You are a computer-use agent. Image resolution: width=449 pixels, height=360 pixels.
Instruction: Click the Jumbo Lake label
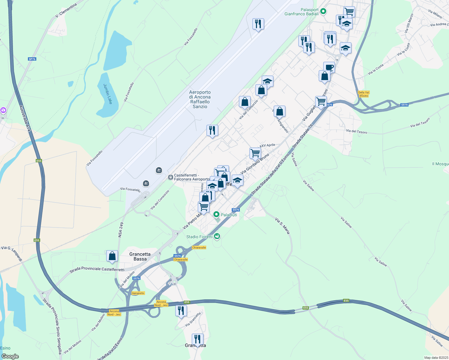(108, 94)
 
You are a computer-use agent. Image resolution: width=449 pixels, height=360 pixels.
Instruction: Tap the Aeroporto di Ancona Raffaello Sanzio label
(200, 99)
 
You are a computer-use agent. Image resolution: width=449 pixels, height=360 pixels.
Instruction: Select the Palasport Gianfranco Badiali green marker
(323, 12)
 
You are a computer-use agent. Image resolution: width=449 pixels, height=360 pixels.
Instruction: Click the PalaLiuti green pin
(216, 214)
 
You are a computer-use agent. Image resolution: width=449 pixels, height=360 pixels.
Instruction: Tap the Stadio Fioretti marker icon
(217, 237)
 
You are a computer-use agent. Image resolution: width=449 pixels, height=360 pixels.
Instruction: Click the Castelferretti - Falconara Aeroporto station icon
(170, 177)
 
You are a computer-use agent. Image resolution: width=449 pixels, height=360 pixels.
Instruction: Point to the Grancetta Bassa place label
(140, 256)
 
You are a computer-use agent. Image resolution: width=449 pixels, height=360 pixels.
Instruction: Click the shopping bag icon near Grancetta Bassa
(112, 256)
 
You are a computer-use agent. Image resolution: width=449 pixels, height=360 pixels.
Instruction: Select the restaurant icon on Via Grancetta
(181, 310)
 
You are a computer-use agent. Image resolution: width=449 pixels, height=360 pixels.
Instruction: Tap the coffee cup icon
(329, 67)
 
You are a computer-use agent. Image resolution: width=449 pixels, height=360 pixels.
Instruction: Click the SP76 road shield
(32, 59)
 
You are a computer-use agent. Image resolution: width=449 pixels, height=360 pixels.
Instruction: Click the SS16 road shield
(405, 105)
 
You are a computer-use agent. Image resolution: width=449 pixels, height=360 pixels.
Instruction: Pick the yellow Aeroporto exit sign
(138, 293)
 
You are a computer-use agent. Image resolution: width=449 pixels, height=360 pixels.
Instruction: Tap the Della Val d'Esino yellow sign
(363, 94)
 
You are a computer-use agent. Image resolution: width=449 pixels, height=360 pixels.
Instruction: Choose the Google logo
(10, 356)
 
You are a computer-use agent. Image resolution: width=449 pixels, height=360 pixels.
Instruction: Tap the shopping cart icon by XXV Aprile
(255, 153)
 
